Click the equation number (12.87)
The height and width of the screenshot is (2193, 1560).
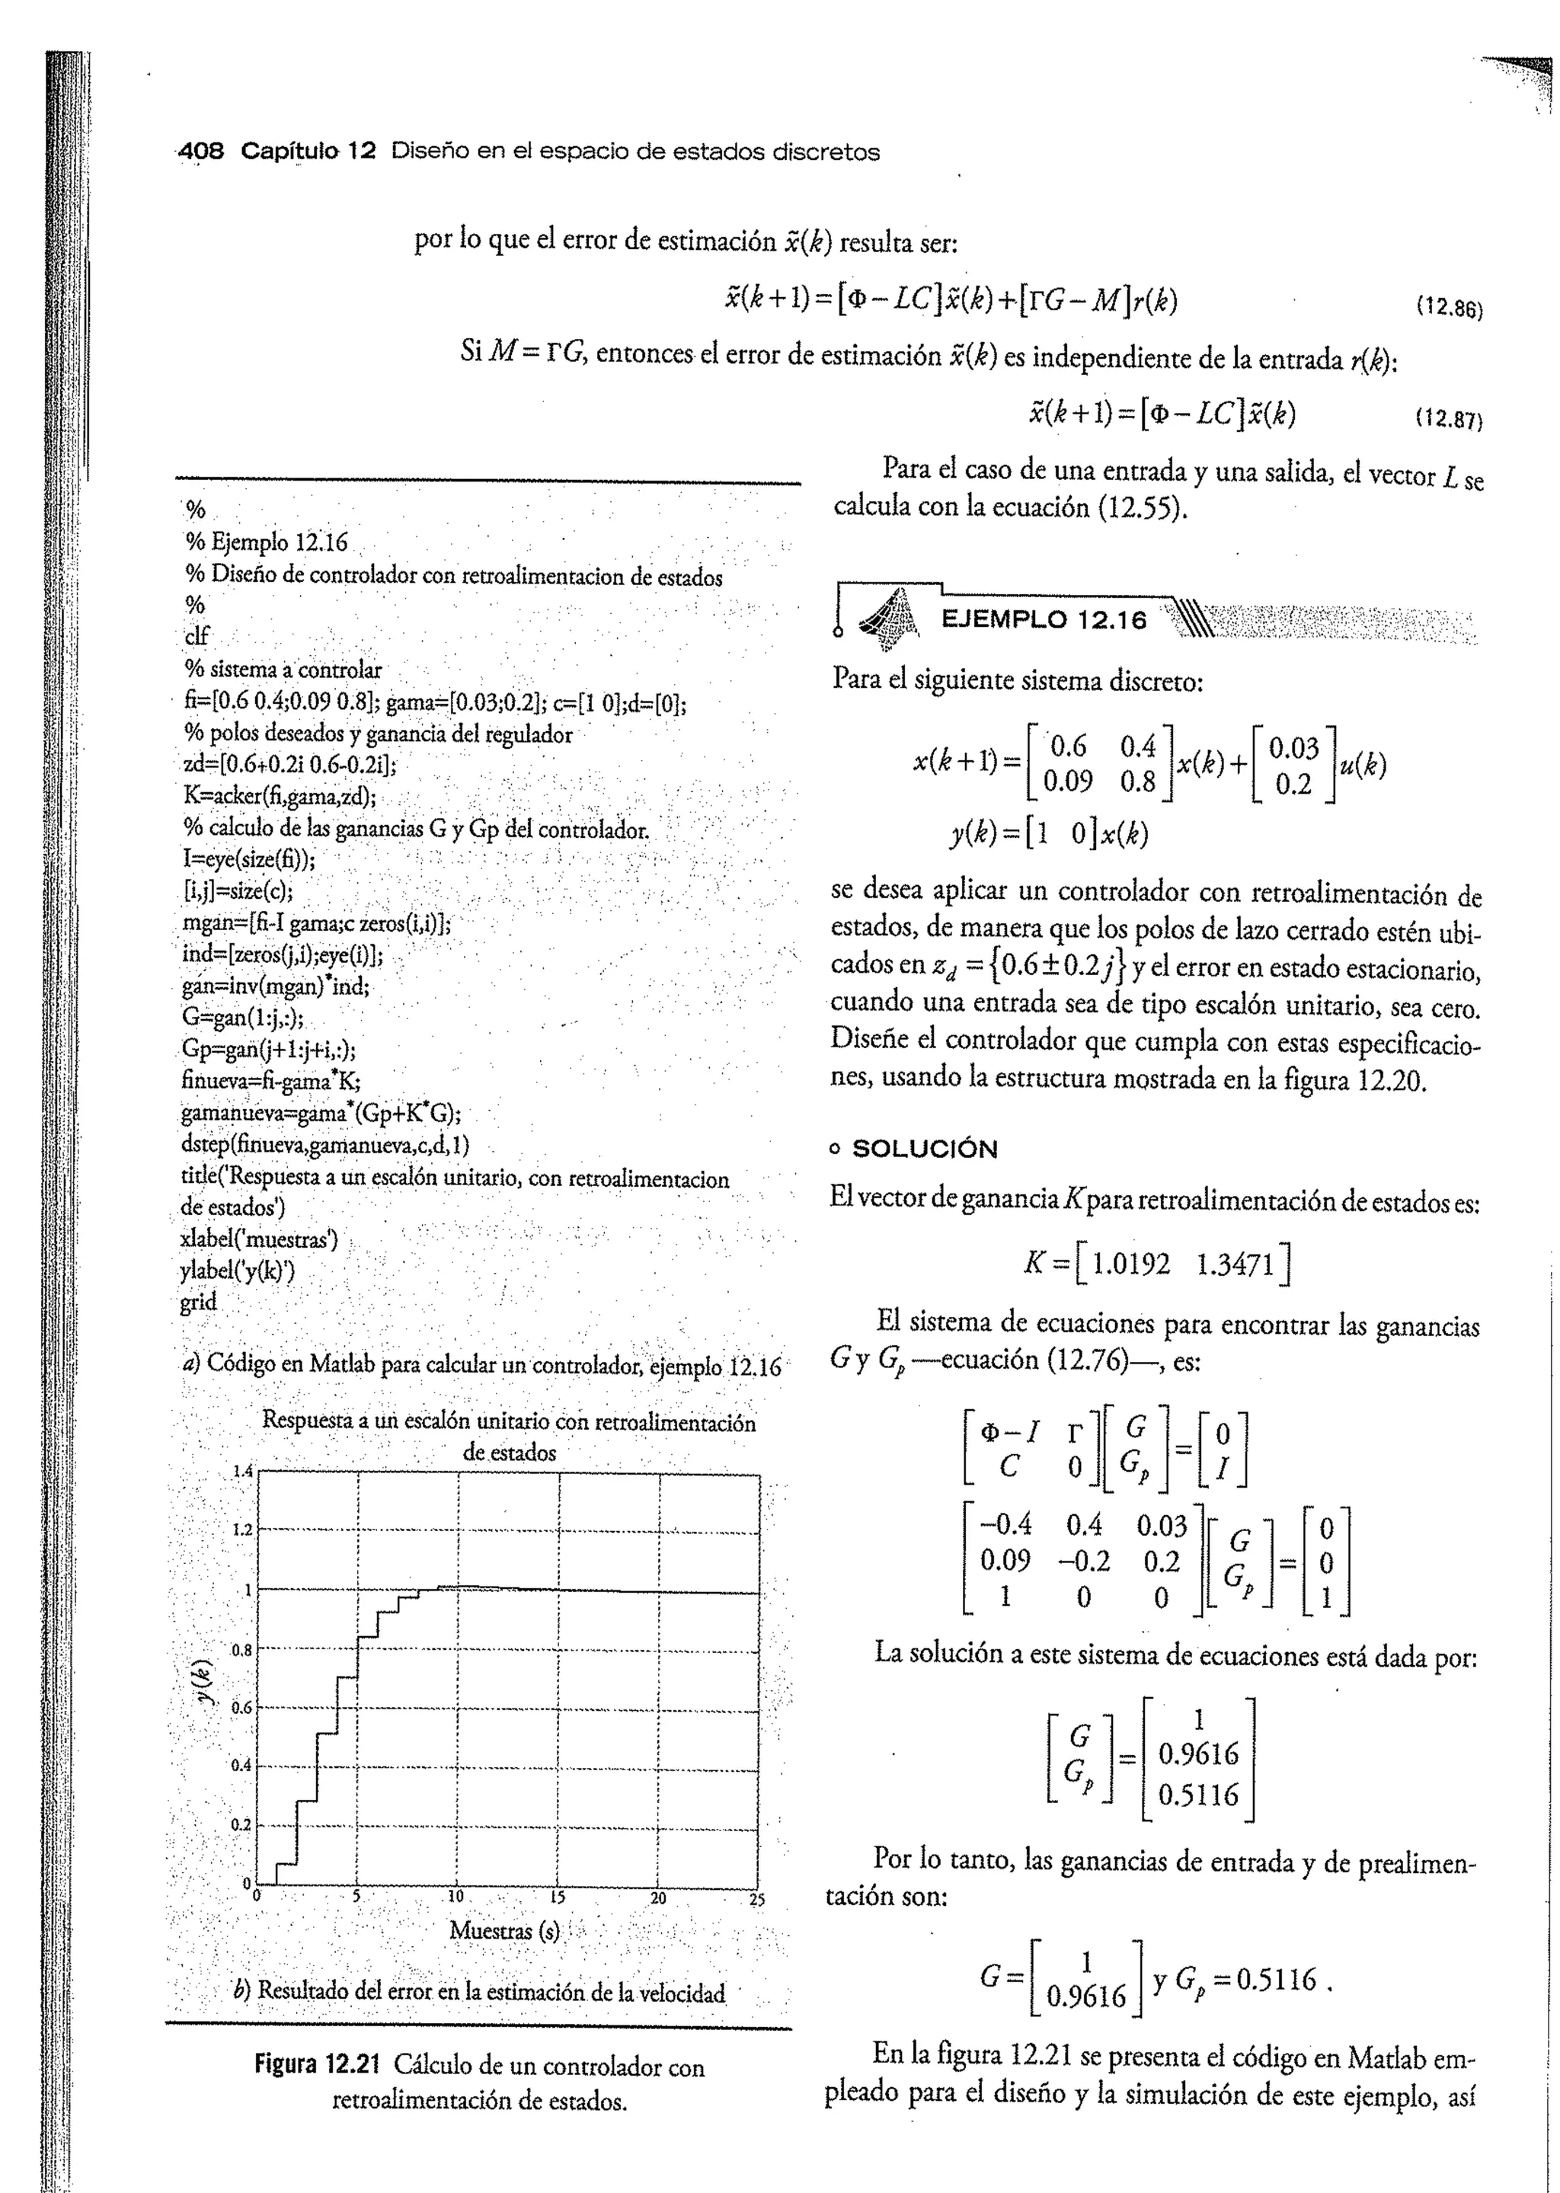1450,420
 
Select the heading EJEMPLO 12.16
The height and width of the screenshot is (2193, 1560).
1044,621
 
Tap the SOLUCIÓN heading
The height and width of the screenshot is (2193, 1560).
924,1149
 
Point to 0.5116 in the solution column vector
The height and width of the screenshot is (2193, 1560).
1198,1795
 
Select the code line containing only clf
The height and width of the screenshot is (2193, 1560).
196,638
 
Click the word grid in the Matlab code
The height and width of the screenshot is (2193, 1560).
198,1303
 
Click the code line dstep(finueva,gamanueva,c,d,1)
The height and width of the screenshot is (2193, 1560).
324,1146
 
